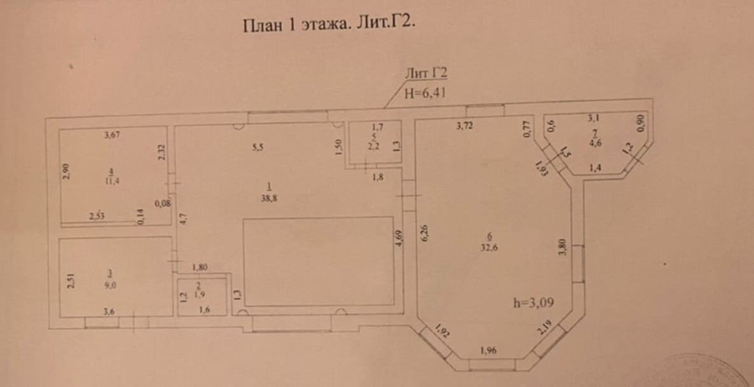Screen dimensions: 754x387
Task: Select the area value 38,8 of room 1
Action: click(270, 198)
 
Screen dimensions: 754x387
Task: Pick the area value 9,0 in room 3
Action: click(111, 285)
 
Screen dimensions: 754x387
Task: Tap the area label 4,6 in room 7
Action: click(594, 144)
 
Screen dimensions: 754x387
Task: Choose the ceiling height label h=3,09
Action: click(534, 303)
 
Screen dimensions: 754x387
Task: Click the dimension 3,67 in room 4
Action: click(113, 135)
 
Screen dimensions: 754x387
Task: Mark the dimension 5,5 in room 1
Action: click(257, 147)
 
